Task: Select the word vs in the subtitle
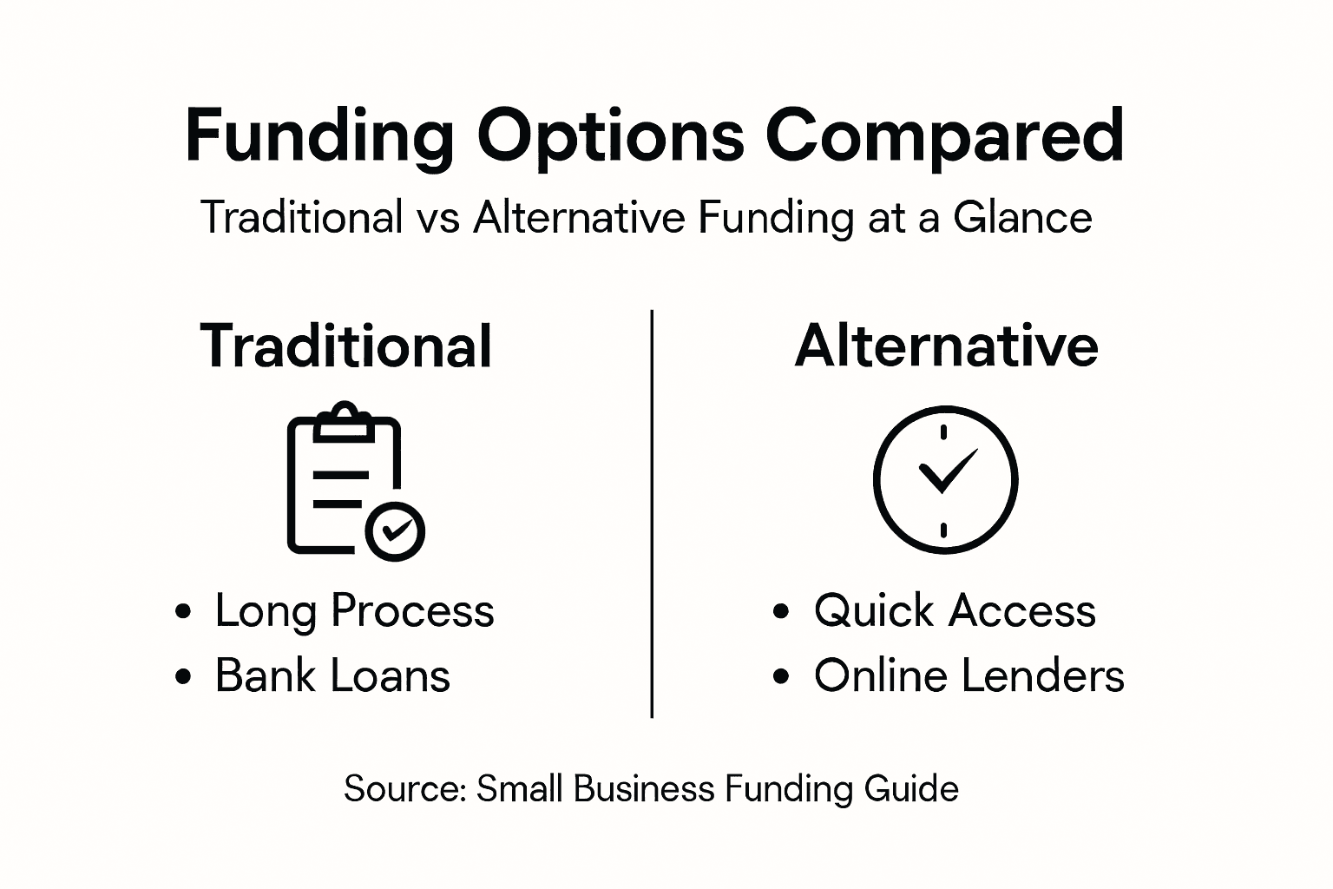click(437, 217)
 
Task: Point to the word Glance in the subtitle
click(1022, 217)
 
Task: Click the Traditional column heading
click(346, 346)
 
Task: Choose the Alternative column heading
click(946, 346)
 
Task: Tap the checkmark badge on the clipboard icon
click(395, 530)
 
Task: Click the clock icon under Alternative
click(944, 479)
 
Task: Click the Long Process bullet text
click(354, 610)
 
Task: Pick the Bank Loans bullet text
click(332, 675)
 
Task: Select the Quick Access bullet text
click(955, 610)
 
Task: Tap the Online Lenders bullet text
click(969, 675)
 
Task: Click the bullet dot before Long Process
click(182, 611)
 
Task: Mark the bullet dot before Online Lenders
click(781, 676)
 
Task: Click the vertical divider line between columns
click(652, 512)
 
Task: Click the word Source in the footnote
click(404, 788)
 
